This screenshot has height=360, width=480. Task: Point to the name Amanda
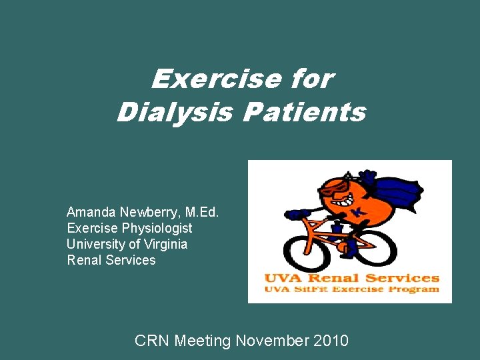point(91,212)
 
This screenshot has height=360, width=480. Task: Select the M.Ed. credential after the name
point(202,212)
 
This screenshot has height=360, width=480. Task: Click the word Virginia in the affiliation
point(165,244)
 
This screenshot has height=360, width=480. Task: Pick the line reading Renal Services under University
point(111,260)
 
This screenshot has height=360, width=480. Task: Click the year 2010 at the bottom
point(329,341)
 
